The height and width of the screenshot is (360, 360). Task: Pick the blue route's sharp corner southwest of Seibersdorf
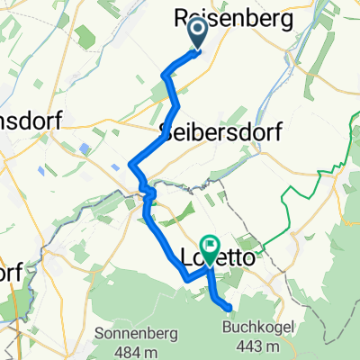131,164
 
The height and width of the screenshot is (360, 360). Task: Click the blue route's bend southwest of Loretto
188,278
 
